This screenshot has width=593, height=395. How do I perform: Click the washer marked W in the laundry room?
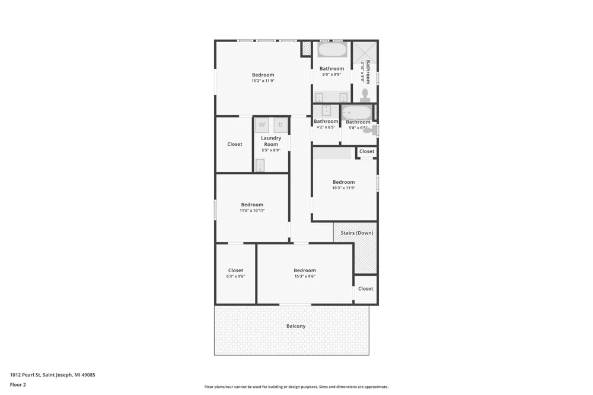[262, 125]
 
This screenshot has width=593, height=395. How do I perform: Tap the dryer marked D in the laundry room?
[280, 125]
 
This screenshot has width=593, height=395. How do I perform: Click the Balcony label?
[296, 326]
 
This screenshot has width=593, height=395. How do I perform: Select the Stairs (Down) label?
[356, 233]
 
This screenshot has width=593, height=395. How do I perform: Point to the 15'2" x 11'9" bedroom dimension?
[263, 81]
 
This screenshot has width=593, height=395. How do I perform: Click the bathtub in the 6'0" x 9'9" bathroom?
[332, 50]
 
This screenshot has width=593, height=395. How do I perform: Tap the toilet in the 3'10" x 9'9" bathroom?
[365, 95]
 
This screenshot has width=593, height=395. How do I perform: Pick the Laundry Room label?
[271, 141]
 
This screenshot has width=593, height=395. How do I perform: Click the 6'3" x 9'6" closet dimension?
[235, 276]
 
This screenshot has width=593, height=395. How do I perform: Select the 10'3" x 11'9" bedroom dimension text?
[344, 187]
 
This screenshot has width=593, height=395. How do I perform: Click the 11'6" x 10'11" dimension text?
[252, 211]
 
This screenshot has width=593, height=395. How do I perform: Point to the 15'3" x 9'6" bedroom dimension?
[305, 276]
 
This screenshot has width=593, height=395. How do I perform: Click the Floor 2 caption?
[18, 385]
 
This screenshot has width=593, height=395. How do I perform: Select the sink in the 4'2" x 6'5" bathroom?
[326, 110]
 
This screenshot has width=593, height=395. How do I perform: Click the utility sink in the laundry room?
[260, 165]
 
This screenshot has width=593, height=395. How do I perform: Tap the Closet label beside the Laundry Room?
[234, 144]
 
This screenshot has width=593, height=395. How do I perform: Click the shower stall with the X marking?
[365, 52]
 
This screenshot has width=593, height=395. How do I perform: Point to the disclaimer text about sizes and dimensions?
[296, 387]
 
